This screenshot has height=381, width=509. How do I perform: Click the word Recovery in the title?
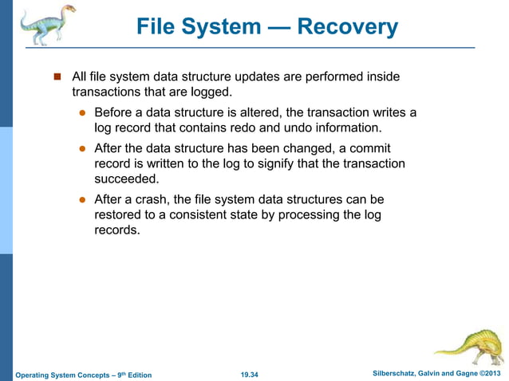pyautogui.click(x=347, y=27)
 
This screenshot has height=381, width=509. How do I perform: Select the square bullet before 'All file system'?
pyautogui.click(x=57, y=77)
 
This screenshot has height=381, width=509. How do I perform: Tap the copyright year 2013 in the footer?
pyautogui.click(x=493, y=374)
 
